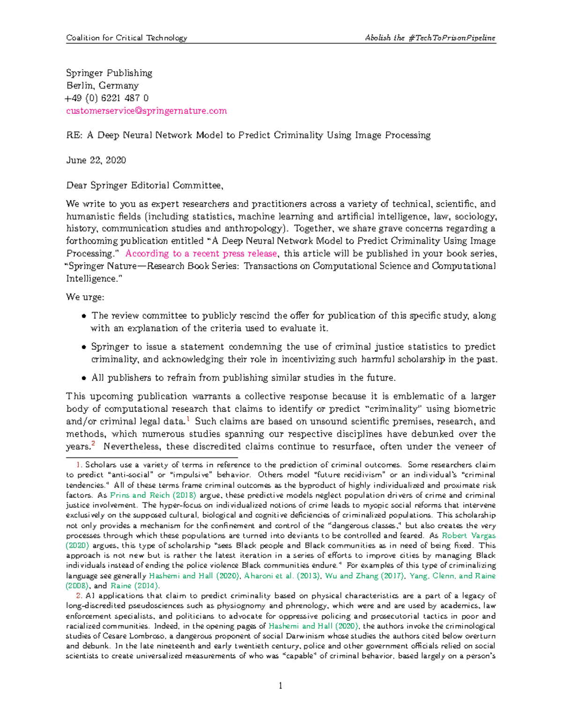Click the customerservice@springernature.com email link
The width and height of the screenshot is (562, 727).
[x=146, y=111]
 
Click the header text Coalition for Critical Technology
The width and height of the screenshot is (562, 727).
[x=126, y=38]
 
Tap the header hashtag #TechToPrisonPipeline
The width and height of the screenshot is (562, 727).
[x=451, y=38]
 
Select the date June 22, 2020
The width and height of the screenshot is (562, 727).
[x=96, y=160]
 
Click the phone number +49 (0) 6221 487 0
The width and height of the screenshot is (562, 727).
[x=107, y=98]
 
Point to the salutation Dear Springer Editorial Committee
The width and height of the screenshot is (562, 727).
[x=144, y=185]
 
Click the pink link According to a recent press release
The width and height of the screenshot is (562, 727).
[x=201, y=254]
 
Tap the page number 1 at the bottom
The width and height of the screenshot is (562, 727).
[x=281, y=686]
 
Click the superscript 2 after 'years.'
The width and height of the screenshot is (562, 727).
[x=93, y=444]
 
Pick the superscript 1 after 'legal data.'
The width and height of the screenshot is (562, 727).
[x=188, y=419]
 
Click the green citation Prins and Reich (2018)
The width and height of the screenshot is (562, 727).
[x=153, y=495]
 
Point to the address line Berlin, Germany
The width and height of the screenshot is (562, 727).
[x=102, y=86]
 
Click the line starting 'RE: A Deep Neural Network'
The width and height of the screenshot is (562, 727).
[x=248, y=135]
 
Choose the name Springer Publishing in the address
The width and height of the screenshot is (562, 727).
[x=109, y=73]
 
